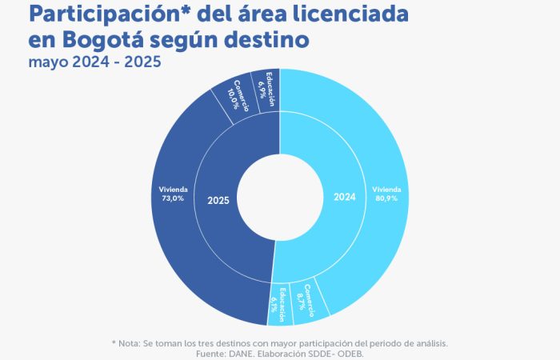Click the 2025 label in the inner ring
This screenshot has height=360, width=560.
tap(218, 200)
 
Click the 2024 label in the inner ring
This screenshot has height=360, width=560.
tap(344, 198)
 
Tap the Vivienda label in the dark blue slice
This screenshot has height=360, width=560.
tap(173, 189)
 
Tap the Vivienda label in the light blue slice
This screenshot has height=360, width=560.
tap(386, 189)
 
